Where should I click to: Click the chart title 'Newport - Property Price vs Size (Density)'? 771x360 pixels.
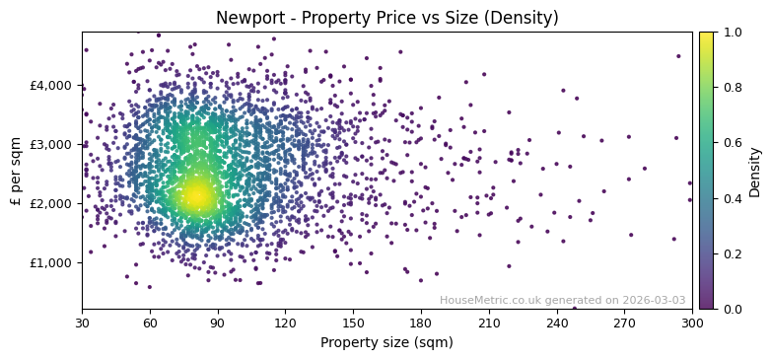(386, 18)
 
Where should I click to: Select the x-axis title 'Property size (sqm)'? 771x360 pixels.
(386, 342)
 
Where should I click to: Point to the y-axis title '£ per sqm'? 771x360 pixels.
(17, 171)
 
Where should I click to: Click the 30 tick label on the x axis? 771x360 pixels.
(82, 323)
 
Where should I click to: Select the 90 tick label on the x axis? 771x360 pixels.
(218, 323)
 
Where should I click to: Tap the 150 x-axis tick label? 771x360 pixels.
(353, 323)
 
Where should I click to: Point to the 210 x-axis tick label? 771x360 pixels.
(489, 323)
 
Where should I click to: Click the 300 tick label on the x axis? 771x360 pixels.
(692, 323)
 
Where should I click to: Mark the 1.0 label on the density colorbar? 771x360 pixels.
(731, 33)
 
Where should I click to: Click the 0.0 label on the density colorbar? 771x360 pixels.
(731, 310)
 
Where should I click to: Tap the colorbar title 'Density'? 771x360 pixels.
(755, 171)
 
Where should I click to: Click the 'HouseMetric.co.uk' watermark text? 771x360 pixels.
(492, 301)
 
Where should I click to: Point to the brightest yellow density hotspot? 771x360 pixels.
(198, 195)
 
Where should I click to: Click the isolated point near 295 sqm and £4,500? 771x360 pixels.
(678, 56)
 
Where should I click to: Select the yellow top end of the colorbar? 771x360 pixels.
(706, 36)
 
